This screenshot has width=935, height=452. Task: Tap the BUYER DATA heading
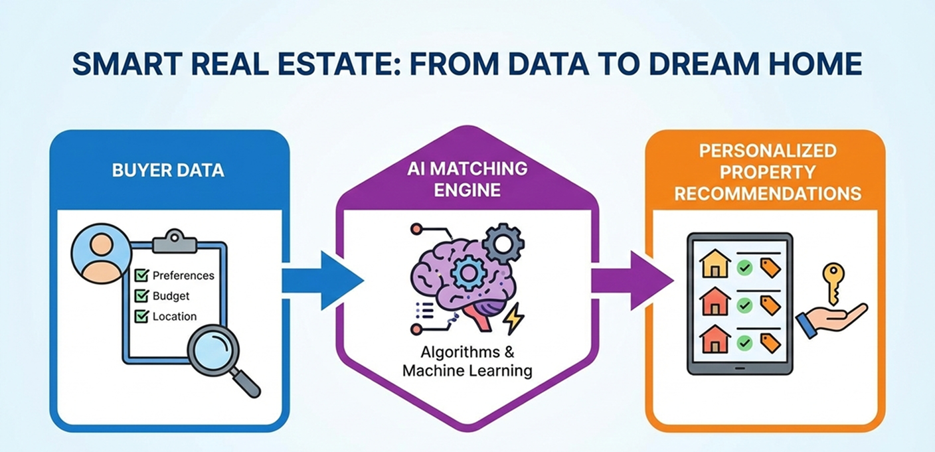point(168,171)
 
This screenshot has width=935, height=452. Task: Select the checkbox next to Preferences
point(142,275)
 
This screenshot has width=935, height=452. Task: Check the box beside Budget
point(142,295)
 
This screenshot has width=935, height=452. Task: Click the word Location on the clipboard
point(175,317)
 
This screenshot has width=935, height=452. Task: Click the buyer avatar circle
point(102,254)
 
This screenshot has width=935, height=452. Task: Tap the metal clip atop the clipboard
point(175,241)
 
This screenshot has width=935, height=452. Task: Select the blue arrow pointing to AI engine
point(322,281)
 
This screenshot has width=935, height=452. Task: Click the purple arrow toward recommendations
point(632,281)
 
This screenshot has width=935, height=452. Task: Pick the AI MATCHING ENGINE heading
point(467,179)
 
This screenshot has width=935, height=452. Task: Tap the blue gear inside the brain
point(468,273)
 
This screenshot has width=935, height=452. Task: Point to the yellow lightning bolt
point(513,318)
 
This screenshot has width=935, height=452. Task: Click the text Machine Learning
point(467,370)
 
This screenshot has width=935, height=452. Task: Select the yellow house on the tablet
point(715,264)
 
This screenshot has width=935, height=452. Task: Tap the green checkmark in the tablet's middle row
point(744,305)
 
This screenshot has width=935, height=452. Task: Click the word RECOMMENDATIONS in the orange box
point(768,194)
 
